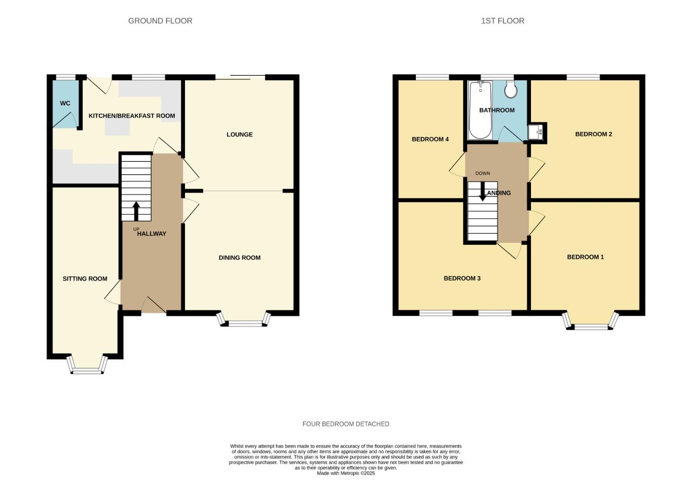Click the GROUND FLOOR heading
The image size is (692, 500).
coord(160,21)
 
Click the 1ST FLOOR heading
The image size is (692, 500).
coord(502,21)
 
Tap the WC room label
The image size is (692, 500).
coord(65,103)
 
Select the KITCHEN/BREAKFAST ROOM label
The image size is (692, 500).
coord(132,116)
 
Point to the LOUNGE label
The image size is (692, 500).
coord(240,135)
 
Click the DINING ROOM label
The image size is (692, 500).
coord(240,258)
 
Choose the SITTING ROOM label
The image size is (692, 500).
coord(85,279)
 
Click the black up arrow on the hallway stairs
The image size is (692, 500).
coord(136,211)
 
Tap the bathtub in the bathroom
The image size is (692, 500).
coord(480,110)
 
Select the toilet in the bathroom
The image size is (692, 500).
coord(511,89)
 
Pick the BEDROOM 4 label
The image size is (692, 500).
coord(430,139)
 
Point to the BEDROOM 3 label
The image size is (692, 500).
coord(462,278)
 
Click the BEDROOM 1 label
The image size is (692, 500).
coord(585,257)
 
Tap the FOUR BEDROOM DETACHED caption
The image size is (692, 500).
coord(346,424)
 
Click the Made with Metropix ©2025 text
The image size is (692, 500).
coord(346,473)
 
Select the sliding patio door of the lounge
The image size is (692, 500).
coord(240,77)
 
